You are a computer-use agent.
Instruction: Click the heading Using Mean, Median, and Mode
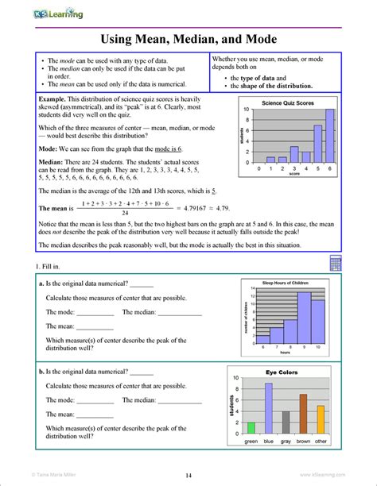(x=188, y=39)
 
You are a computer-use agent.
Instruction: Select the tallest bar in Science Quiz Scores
(x=330, y=136)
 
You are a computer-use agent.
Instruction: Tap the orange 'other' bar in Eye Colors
(x=321, y=418)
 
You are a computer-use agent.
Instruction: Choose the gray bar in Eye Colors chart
(x=286, y=421)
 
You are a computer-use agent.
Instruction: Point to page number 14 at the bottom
(x=188, y=475)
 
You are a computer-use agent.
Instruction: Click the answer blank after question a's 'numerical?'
(x=142, y=286)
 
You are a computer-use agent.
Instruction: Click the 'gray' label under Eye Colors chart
(x=286, y=441)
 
